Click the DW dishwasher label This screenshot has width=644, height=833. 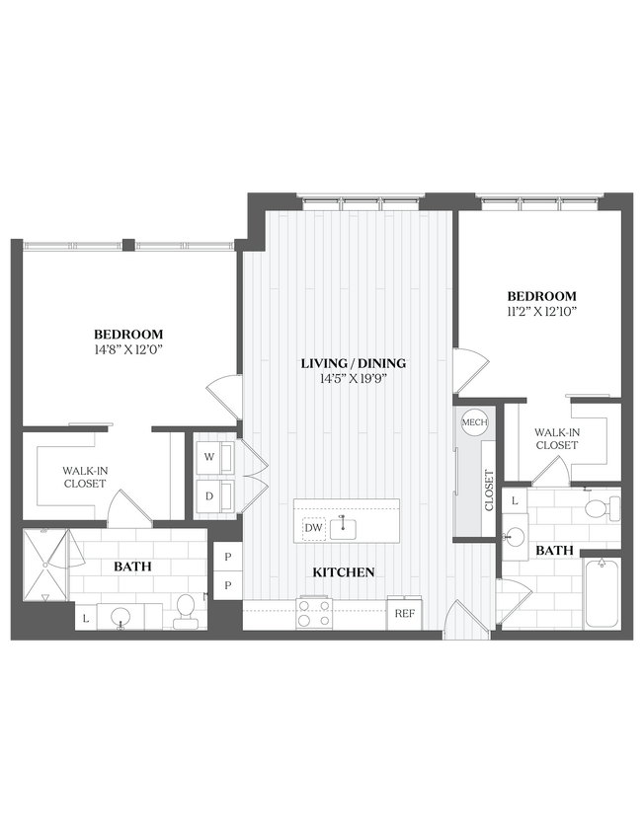[313, 529]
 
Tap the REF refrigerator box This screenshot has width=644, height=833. [404, 613]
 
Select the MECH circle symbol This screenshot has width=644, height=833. [474, 422]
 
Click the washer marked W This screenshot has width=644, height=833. [210, 457]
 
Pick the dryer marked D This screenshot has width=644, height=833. [210, 496]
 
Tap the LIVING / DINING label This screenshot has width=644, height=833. [353, 363]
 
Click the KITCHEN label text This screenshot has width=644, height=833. [343, 571]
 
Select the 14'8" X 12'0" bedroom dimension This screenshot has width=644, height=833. [128, 350]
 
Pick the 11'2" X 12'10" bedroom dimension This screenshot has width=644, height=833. [541, 312]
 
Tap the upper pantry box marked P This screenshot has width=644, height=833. [228, 557]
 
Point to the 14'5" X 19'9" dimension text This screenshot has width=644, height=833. [353, 378]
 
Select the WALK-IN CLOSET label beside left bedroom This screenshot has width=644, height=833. [84, 478]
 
